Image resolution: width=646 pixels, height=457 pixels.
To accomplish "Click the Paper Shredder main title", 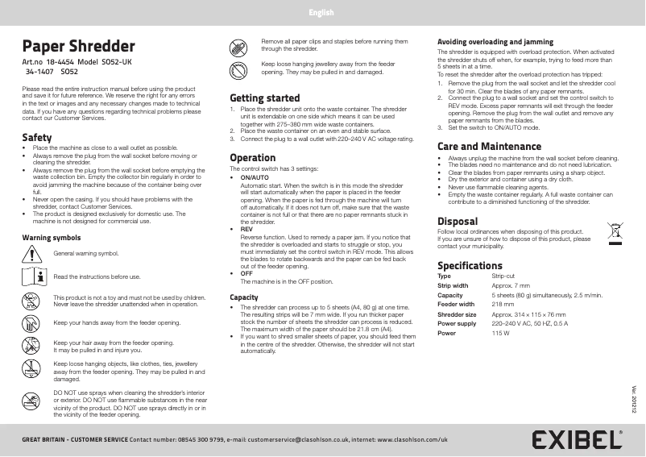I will [78, 47].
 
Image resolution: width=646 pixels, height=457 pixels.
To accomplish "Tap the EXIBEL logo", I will [577, 439].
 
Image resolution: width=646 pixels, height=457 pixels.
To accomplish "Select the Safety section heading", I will [37, 137].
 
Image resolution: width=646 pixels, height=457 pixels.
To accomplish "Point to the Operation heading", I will [252, 157].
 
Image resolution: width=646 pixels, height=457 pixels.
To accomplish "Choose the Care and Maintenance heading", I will [488, 147].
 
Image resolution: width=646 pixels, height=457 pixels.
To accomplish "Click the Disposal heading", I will [457, 221].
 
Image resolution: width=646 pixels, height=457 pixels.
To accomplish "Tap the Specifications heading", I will [469, 265].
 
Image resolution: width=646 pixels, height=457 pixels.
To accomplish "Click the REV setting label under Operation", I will [246, 229].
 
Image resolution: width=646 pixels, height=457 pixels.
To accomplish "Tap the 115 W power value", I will [500, 332].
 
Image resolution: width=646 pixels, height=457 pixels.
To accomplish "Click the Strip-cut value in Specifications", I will [503, 276].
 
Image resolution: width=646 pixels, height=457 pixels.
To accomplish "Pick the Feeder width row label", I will [455, 304].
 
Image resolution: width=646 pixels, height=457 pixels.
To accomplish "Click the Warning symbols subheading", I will [50, 238].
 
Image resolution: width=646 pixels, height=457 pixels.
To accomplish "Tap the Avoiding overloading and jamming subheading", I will [495, 41].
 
